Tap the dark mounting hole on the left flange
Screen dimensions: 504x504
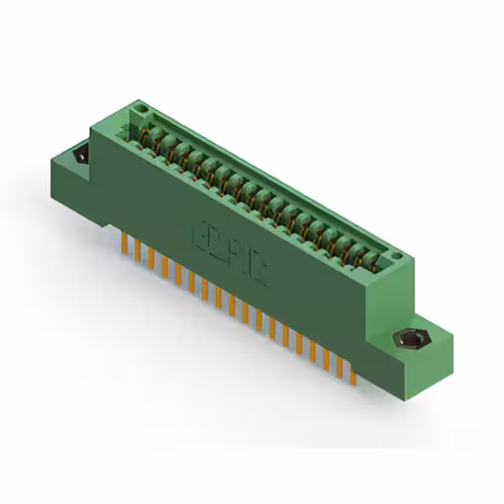click(x=81, y=156)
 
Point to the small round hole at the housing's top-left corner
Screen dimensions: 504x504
click(x=142, y=106)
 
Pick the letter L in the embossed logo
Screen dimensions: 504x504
click(x=214, y=243)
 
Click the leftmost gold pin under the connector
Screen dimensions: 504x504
click(x=124, y=243)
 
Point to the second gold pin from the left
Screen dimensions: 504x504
click(x=137, y=250)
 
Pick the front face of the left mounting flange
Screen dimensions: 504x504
click(x=71, y=185)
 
